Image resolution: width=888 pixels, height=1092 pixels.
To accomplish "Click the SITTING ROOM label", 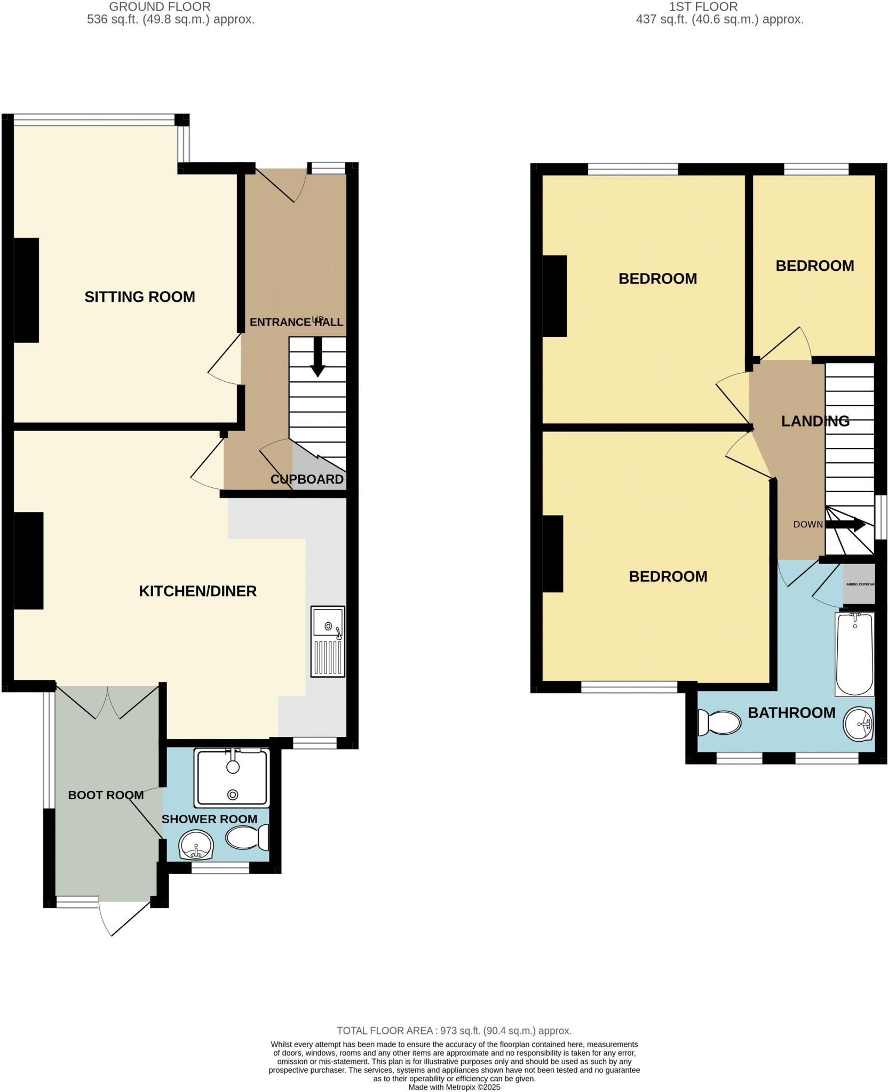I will pyautogui.click(x=140, y=297).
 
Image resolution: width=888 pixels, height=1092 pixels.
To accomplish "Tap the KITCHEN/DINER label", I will pyautogui.click(x=197, y=591).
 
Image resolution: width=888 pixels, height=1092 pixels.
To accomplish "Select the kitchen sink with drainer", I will pyautogui.click(x=328, y=641).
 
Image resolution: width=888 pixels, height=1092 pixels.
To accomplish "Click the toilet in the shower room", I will pyautogui.click(x=248, y=838).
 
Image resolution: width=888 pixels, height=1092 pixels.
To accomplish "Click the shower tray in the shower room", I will pyautogui.click(x=232, y=777).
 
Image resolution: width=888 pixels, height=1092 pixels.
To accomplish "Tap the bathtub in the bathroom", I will pyautogui.click(x=854, y=654).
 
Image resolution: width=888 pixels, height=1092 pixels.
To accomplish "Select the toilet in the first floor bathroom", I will pyautogui.click(x=719, y=722).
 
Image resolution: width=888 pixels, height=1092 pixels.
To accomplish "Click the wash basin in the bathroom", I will pyautogui.click(x=858, y=724).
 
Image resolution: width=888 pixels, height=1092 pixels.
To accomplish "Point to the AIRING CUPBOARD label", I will pyautogui.click(x=860, y=584).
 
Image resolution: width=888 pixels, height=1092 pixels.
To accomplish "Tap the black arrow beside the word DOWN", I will pyautogui.click(x=846, y=524).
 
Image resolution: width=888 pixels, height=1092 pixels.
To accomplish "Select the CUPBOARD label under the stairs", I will pyautogui.click(x=307, y=479).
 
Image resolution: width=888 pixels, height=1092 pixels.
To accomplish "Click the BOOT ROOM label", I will pyautogui.click(x=106, y=795).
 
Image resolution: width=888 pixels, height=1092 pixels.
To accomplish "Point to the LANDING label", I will pyautogui.click(x=815, y=421).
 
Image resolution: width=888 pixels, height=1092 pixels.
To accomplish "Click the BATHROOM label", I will pyautogui.click(x=791, y=713).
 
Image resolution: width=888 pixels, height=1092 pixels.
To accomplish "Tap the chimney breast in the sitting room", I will pyautogui.click(x=26, y=290).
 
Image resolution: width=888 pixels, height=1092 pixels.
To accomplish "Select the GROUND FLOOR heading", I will pyautogui.click(x=160, y=7).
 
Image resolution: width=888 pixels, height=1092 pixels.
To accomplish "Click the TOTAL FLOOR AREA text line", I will pyautogui.click(x=454, y=1031).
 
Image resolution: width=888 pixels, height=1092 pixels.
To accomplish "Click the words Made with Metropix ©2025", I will pyautogui.click(x=454, y=1087).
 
